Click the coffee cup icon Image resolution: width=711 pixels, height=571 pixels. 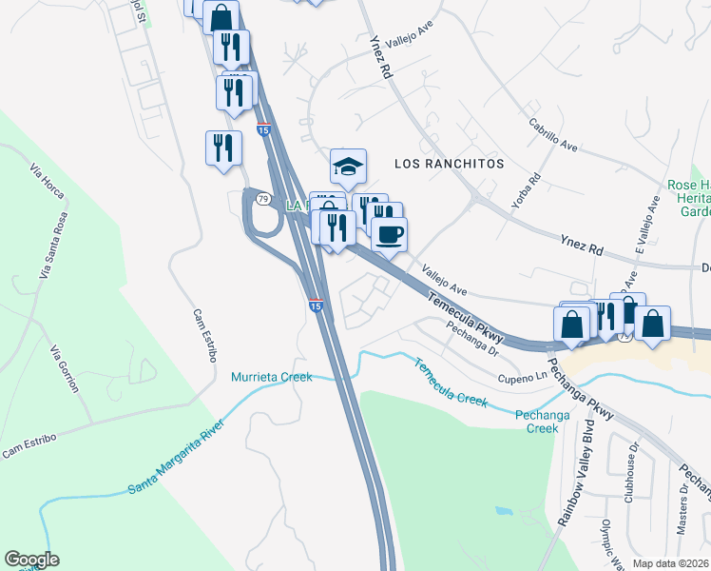coord(388,233)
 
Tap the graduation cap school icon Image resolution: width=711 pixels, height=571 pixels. coord(348,167)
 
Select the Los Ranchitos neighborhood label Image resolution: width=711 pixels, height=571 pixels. coord(449,164)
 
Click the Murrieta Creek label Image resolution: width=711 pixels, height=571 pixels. coord(272,377)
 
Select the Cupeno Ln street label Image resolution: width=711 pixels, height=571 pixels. coord(523,378)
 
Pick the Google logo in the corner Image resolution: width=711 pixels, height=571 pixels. coord(31,560)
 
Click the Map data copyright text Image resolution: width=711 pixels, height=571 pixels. coord(671,563)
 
